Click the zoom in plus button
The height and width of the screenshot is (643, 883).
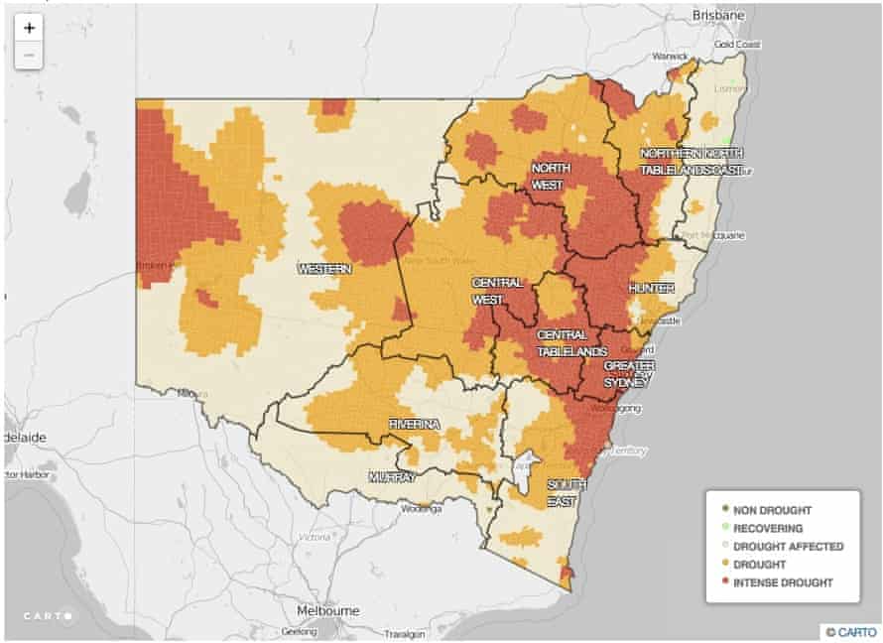(30, 28)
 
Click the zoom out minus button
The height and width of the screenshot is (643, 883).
(30, 55)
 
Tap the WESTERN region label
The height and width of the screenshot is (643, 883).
(325, 269)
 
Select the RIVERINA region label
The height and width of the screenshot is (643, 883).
(414, 424)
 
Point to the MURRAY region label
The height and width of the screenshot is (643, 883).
(392, 477)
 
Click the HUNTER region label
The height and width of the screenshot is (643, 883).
(651, 288)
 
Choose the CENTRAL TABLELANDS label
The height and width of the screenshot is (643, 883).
(571, 343)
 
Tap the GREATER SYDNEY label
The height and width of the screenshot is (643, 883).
(628, 374)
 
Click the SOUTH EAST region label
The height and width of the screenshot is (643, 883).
(568, 493)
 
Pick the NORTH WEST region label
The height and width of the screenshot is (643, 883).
(548, 177)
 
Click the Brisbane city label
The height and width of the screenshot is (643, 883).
(718, 16)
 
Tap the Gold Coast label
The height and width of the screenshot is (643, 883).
(736, 45)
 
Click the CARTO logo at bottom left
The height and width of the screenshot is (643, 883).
(49, 615)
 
